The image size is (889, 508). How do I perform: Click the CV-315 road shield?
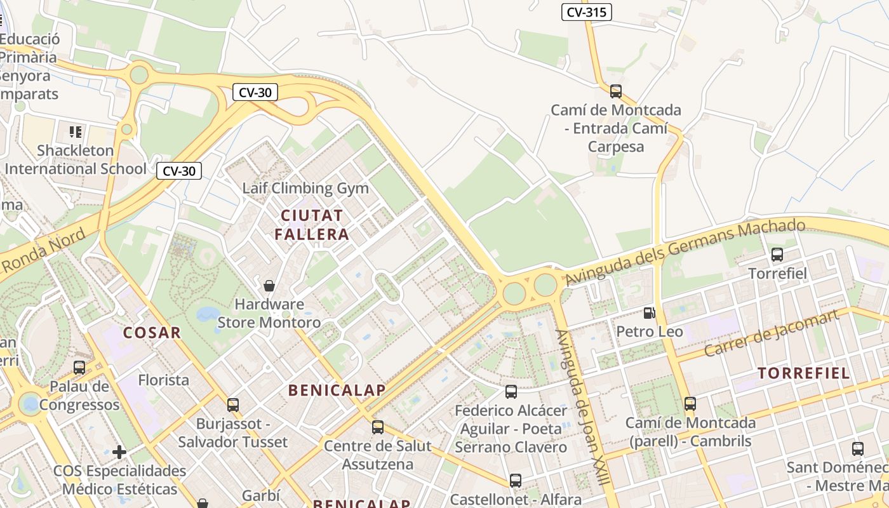click(586, 11)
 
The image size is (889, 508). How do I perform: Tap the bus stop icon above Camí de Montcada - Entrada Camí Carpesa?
click(615, 91)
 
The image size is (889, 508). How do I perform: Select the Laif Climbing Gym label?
click(305, 188)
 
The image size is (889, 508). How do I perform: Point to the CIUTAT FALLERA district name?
click(312, 224)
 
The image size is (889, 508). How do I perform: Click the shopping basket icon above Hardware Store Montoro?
click(269, 285)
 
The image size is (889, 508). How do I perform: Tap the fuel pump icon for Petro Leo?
click(649, 312)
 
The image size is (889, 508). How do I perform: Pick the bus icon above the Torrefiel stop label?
click(777, 255)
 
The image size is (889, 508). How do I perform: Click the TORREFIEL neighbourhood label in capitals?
click(804, 373)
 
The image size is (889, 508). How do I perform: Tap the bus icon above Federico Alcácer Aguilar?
click(511, 391)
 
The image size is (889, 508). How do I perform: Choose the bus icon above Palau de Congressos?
click(79, 367)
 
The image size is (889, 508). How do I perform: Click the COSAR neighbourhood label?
click(152, 332)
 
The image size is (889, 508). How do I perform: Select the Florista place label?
click(164, 380)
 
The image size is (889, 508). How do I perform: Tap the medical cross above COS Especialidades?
click(119, 452)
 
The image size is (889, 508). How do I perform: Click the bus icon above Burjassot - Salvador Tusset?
click(233, 404)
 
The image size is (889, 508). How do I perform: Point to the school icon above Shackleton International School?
click(76, 132)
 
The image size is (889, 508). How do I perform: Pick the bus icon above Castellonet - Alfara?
click(516, 480)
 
